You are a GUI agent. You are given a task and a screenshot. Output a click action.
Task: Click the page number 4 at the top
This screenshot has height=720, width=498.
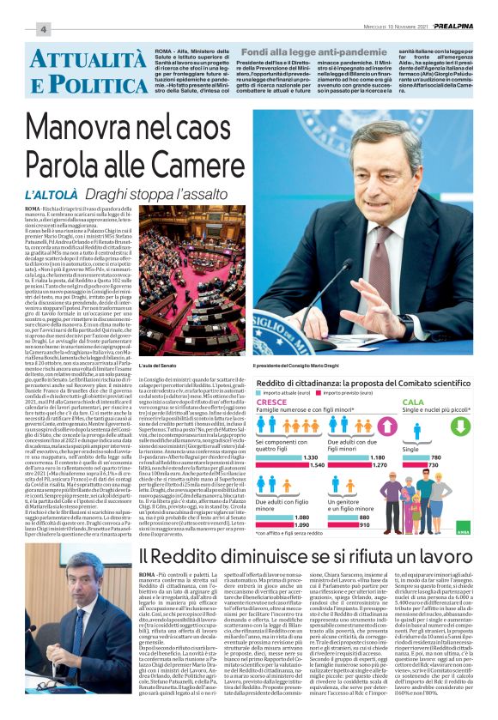coord(41,29)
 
